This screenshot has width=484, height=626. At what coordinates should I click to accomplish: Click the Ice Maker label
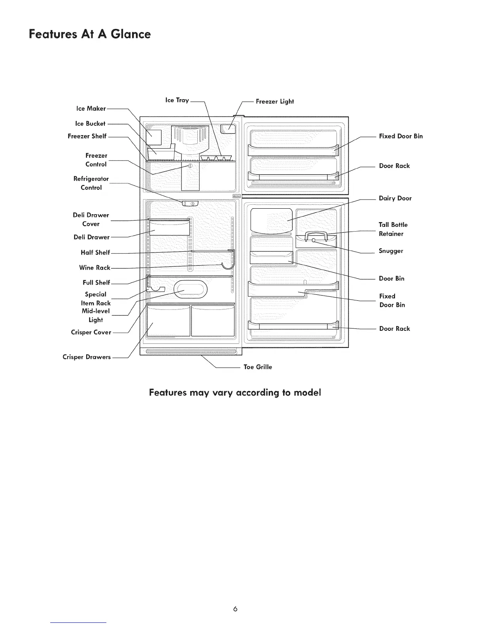[91, 108]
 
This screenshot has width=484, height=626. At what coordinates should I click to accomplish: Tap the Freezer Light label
[275, 102]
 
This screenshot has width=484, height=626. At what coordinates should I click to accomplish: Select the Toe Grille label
[258, 367]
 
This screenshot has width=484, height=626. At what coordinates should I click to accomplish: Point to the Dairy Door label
[395, 198]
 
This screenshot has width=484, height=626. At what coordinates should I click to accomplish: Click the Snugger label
[391, 251]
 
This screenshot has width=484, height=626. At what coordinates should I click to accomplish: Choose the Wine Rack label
[95, 268]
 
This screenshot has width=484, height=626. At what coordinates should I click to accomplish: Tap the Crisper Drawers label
[87, 357]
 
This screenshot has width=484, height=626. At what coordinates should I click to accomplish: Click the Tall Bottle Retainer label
[393, 229]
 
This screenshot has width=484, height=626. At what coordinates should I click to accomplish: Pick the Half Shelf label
[95, 253]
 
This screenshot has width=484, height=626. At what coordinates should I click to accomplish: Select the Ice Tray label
[177, 100]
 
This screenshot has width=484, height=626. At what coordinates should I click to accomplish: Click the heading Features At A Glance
[90, 34]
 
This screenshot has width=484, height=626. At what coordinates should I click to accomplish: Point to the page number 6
[235, 609]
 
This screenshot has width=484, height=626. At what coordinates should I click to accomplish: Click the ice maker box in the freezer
[154, 137]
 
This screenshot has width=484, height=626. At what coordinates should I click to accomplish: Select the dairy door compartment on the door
[271, 220]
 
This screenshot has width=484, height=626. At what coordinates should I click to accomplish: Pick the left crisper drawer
[168, 321]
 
